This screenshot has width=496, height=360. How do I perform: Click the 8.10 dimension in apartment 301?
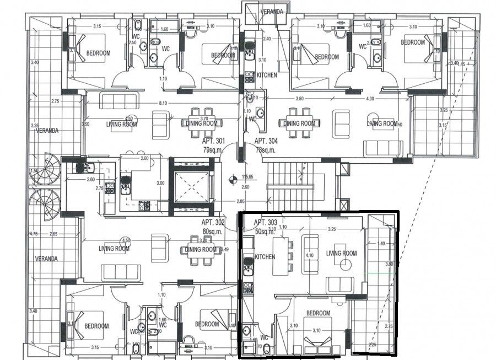coord(163,103)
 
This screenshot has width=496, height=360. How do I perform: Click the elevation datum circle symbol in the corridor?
coord(233,178)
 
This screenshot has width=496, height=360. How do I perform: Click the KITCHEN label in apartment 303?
coord(266,257)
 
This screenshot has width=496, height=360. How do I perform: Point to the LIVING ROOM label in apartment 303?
coord(342,253)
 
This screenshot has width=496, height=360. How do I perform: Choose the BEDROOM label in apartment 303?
coord(318,313)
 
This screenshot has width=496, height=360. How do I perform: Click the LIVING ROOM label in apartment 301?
coord(121,125)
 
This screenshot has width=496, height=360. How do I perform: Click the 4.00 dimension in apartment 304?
coord(369,99)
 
